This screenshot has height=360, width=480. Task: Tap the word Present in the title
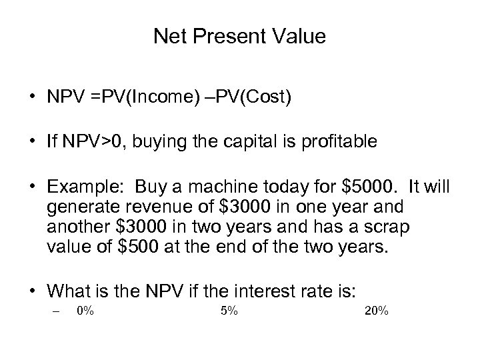pos(217,37)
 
